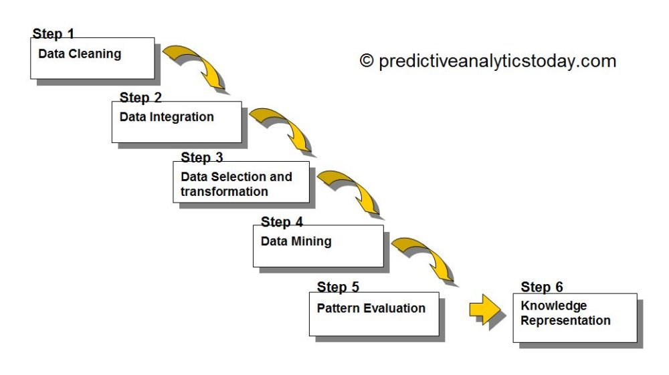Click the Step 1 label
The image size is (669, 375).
point(53,34)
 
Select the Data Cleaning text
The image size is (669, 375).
point(80,54)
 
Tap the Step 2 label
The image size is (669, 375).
point(140,98)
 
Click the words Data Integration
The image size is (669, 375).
point(167,117)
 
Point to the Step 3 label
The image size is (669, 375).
point(202,158)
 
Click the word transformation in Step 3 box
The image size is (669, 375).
point(224,192)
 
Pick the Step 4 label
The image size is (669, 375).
point(282,222)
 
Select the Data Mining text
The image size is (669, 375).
point(296,241)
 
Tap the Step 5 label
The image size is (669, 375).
point(338,287)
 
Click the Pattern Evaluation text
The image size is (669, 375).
point(371,308)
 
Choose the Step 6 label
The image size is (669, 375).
point(542,287)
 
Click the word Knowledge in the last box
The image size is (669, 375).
point(553,306)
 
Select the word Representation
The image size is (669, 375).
point(565,321)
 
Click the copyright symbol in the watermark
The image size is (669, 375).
point(366,61)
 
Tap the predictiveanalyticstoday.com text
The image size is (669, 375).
point(496,61)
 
